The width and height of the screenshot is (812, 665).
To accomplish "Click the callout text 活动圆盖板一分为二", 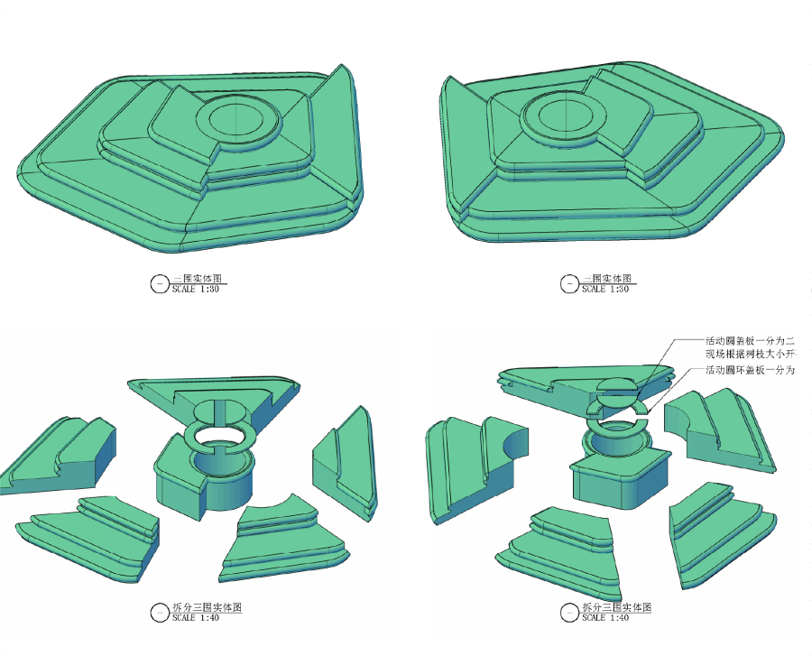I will pos(750,341).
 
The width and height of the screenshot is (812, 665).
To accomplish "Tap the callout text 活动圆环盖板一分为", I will pos(750,371).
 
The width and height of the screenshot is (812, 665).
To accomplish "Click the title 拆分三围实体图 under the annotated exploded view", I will pos(616,607).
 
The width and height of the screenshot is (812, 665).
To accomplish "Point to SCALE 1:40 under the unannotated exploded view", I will pos(196,618).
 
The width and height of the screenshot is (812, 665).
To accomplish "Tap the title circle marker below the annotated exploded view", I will pos(569,613).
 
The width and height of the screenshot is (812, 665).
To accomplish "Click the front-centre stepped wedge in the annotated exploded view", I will pos(565,541).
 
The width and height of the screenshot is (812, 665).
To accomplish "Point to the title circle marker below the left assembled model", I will pos(160,284).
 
